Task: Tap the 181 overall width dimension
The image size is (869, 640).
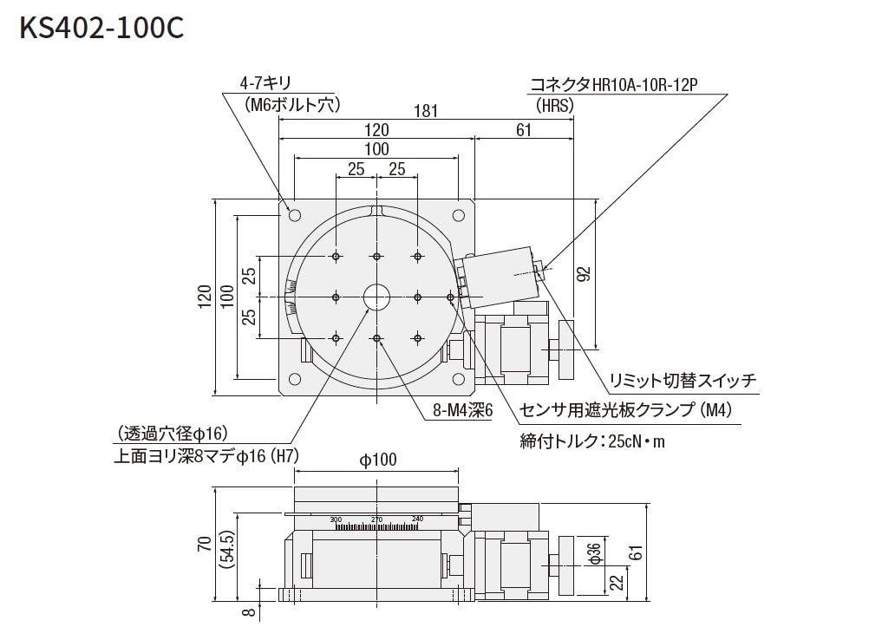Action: pyautogui.click(x=425, y=111)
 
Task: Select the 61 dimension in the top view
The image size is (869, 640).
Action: pyautogui.click(x=524, y=130)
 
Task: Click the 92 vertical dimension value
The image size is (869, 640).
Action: pyautogui.click(x=584, y=274)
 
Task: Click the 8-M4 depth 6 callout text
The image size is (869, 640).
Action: pyautogui.click(x=463, y=408)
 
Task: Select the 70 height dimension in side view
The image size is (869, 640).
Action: pyautogui.click(x=204, y=544)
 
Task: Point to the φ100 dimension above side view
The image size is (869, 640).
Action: pyautogui.click(x=377, y=460)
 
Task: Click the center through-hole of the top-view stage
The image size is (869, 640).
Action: pyautogui.click(x=377, y=297)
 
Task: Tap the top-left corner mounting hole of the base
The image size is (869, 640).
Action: pyautogui.click(x=294, y=214)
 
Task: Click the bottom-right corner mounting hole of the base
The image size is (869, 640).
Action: pyautogui.click(x=459, y=379)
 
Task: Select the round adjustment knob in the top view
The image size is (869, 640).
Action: pyautogui.click(x=567, y=349)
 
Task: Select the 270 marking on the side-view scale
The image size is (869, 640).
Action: pyautogui.click(x=376, y=519)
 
